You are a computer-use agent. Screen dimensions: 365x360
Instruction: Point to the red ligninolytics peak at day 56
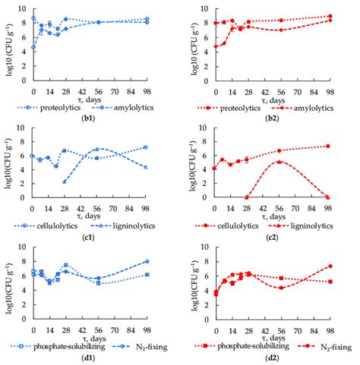[280, 162]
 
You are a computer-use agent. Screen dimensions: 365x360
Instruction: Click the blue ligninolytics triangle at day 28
[65, 182]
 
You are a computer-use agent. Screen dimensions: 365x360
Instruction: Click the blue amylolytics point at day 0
[33, 48]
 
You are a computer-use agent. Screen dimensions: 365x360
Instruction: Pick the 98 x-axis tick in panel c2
[330, 206]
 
